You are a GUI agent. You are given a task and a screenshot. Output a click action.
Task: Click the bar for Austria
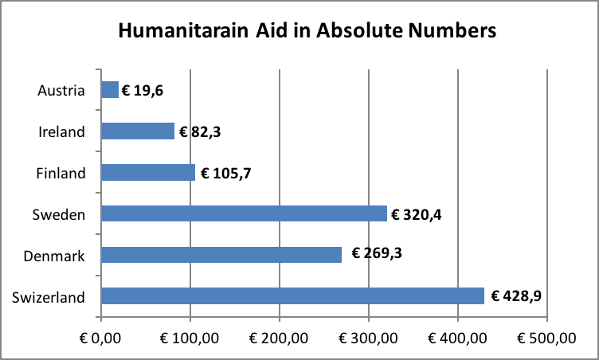coord(110,90)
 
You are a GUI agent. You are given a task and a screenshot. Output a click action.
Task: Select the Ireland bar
coord(138,131)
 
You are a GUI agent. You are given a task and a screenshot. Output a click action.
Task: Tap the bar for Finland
coord(148,172)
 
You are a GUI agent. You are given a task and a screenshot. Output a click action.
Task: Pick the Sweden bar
coord(244,213)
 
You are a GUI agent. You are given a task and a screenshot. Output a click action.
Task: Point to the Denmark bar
coord(221,255)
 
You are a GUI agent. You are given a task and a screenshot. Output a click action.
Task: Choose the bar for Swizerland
coord(292,296)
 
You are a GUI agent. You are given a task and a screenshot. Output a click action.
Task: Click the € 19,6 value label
coord(144,90)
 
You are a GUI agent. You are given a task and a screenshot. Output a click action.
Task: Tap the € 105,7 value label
coord(225,173)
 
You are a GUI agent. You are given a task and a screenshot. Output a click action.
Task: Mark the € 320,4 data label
coord(417,213)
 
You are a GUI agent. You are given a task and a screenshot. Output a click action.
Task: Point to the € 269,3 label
coord(373,255)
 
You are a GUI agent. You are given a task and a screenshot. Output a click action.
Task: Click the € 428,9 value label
coord(515,296)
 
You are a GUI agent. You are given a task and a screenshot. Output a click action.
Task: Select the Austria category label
coord(61,90)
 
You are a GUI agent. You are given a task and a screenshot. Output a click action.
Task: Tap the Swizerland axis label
coord(49,297)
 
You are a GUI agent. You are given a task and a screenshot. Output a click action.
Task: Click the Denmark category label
coord(55,256)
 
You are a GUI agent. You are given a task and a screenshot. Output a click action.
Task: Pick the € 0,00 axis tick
coord(101,338)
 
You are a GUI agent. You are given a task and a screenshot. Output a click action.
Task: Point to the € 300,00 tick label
coord(369,338)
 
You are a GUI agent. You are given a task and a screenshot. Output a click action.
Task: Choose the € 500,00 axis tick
coord(546,338)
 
